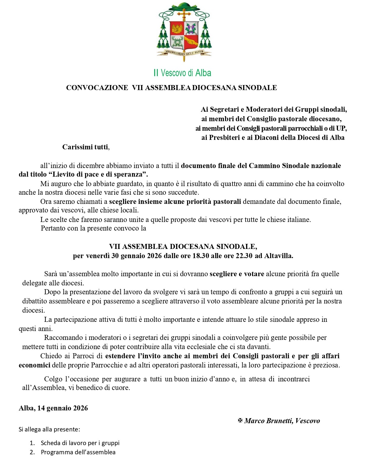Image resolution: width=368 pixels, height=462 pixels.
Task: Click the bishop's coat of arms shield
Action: click(184, 36)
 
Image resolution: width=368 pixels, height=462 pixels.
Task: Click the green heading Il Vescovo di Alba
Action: click(182, 73)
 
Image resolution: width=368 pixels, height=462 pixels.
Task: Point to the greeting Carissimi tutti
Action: click(85, 147)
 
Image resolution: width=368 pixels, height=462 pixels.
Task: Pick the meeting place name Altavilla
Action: click(278, 256)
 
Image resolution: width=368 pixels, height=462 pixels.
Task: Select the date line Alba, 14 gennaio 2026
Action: click(53, 408)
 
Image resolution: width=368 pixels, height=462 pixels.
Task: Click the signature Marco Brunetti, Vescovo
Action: click(282, 421)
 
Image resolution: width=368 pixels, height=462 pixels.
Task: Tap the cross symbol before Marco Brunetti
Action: click(240, 421)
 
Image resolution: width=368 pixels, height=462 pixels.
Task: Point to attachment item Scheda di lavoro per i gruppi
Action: click(80, 443)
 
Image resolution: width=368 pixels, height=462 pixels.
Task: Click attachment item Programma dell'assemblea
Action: click(78, 452)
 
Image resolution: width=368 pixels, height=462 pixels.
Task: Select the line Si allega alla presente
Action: click(49, 429)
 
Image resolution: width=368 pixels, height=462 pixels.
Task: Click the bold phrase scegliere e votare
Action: click(237, 274)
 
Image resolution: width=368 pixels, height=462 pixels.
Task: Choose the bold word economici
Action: click(34, 365)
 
